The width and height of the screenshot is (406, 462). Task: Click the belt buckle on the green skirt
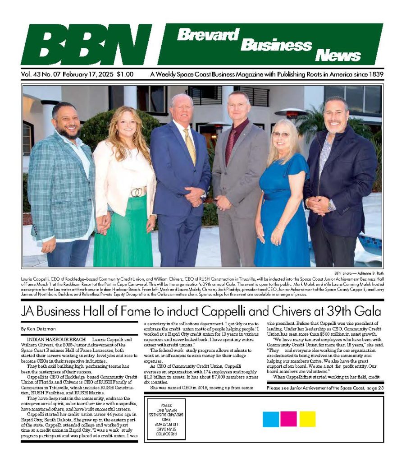(x=136, y=192)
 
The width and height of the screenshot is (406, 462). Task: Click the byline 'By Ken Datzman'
(x=39, y=328)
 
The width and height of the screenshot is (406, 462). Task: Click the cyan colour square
(x=271, y=419)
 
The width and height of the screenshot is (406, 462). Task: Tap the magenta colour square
(x=288, y=419)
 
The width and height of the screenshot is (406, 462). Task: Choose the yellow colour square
(x=307, y=419)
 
